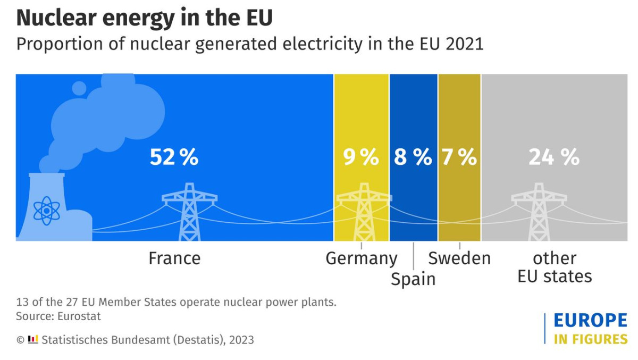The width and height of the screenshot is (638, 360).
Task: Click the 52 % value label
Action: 174,157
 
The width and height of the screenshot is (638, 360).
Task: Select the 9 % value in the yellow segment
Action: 361,157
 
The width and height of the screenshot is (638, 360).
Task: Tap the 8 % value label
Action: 413,157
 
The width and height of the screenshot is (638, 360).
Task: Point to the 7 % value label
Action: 459,157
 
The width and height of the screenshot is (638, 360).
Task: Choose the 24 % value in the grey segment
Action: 553,157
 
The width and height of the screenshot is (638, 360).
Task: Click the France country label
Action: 174,258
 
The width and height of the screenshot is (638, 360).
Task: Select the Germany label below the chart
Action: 362,258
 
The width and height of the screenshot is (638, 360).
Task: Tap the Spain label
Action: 413,279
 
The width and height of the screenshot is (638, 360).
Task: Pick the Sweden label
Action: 459,258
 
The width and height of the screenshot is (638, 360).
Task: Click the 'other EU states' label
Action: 555,267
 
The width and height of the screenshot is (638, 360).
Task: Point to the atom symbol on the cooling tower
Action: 47,211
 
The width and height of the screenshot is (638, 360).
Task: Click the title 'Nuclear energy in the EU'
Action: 145,18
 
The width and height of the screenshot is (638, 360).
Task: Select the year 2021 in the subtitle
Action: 465,44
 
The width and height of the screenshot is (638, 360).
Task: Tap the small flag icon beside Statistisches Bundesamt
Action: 33,339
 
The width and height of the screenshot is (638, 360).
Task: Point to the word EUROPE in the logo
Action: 590,321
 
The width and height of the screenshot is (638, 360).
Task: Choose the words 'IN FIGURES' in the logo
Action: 590,339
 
